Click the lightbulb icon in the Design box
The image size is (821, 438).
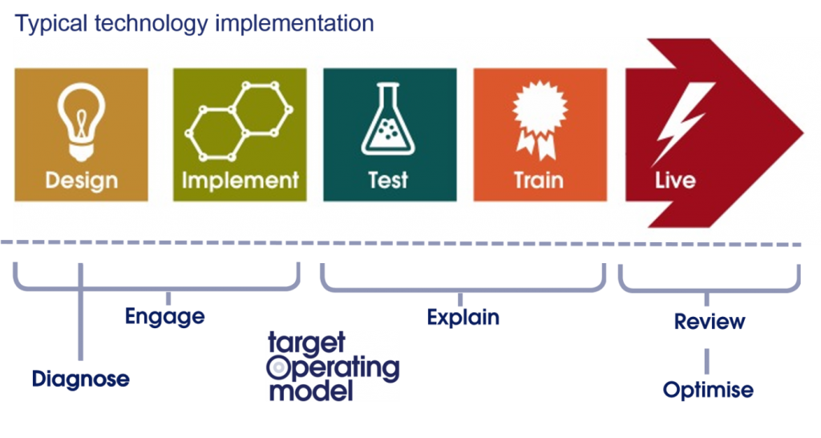pyautogui.click(x=81, y=122)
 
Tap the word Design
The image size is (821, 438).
pyautogui.click(x=81, y=181)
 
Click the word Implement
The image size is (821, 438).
pyautogui.click(x=240, y=180)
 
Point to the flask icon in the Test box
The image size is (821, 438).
pyautogui.click(x=388, y=120)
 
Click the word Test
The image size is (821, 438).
pyautogui.click(x=388, y=180)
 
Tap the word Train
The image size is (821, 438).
pyautogui.click(x=539, y=180)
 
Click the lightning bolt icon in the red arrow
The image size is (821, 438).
pyautogui.click(x=681, y=124)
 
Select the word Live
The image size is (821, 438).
pyautogui.click(x=675, y=180)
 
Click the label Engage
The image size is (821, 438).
pyautogui.click(x=164, y=317)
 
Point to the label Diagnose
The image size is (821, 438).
pyautogui.click(x=81, y=379)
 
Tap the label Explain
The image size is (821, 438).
pyautogui.click(x=463, y=318)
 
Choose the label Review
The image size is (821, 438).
pyautogui.click(x=710, y=321)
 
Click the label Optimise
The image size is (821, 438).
pyautogui.click(x=708, y=391)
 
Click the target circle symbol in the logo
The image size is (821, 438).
pyautogui.click(x=279, y=367)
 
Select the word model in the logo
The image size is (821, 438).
pyautogui.click(x=310, y=391)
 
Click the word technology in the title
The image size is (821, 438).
pyautogui.click(x=152, y=24)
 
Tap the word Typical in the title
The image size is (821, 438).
pyautogui.click(x=51, y=24)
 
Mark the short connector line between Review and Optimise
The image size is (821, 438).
pyautogui.click(x=707, y=361)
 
